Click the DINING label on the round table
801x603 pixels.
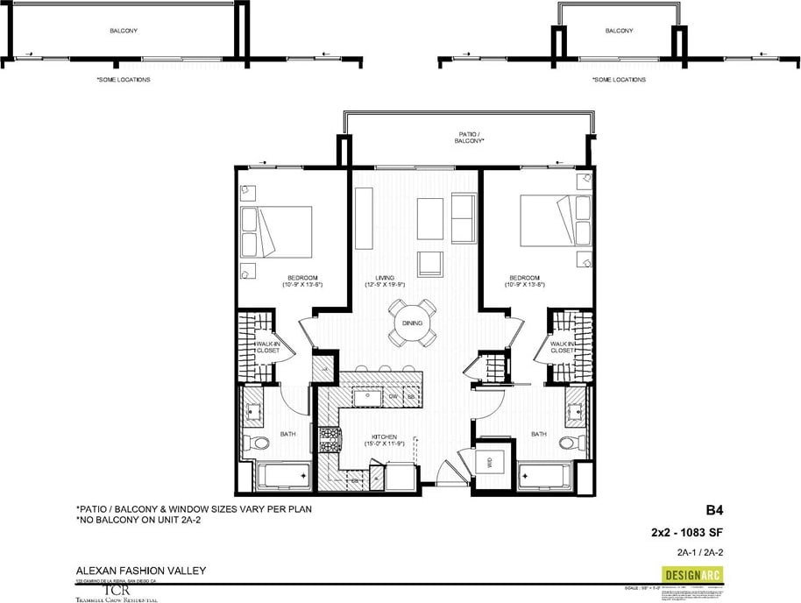[412, 323]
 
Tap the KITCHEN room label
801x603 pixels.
[384, 436]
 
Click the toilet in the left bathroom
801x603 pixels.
[254, 443]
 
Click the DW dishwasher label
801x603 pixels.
[393, 397]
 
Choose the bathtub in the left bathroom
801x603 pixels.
[282, 477]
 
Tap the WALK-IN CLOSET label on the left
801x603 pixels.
[267, 346]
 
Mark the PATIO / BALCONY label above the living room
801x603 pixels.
[465, 138]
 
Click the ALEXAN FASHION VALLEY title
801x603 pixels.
[141, 571]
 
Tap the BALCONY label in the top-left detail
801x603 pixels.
[124, 31]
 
